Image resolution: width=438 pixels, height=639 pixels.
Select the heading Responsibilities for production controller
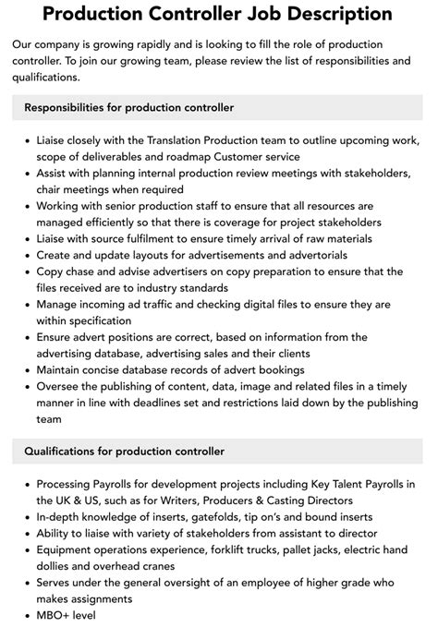click(x=128, y=108)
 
